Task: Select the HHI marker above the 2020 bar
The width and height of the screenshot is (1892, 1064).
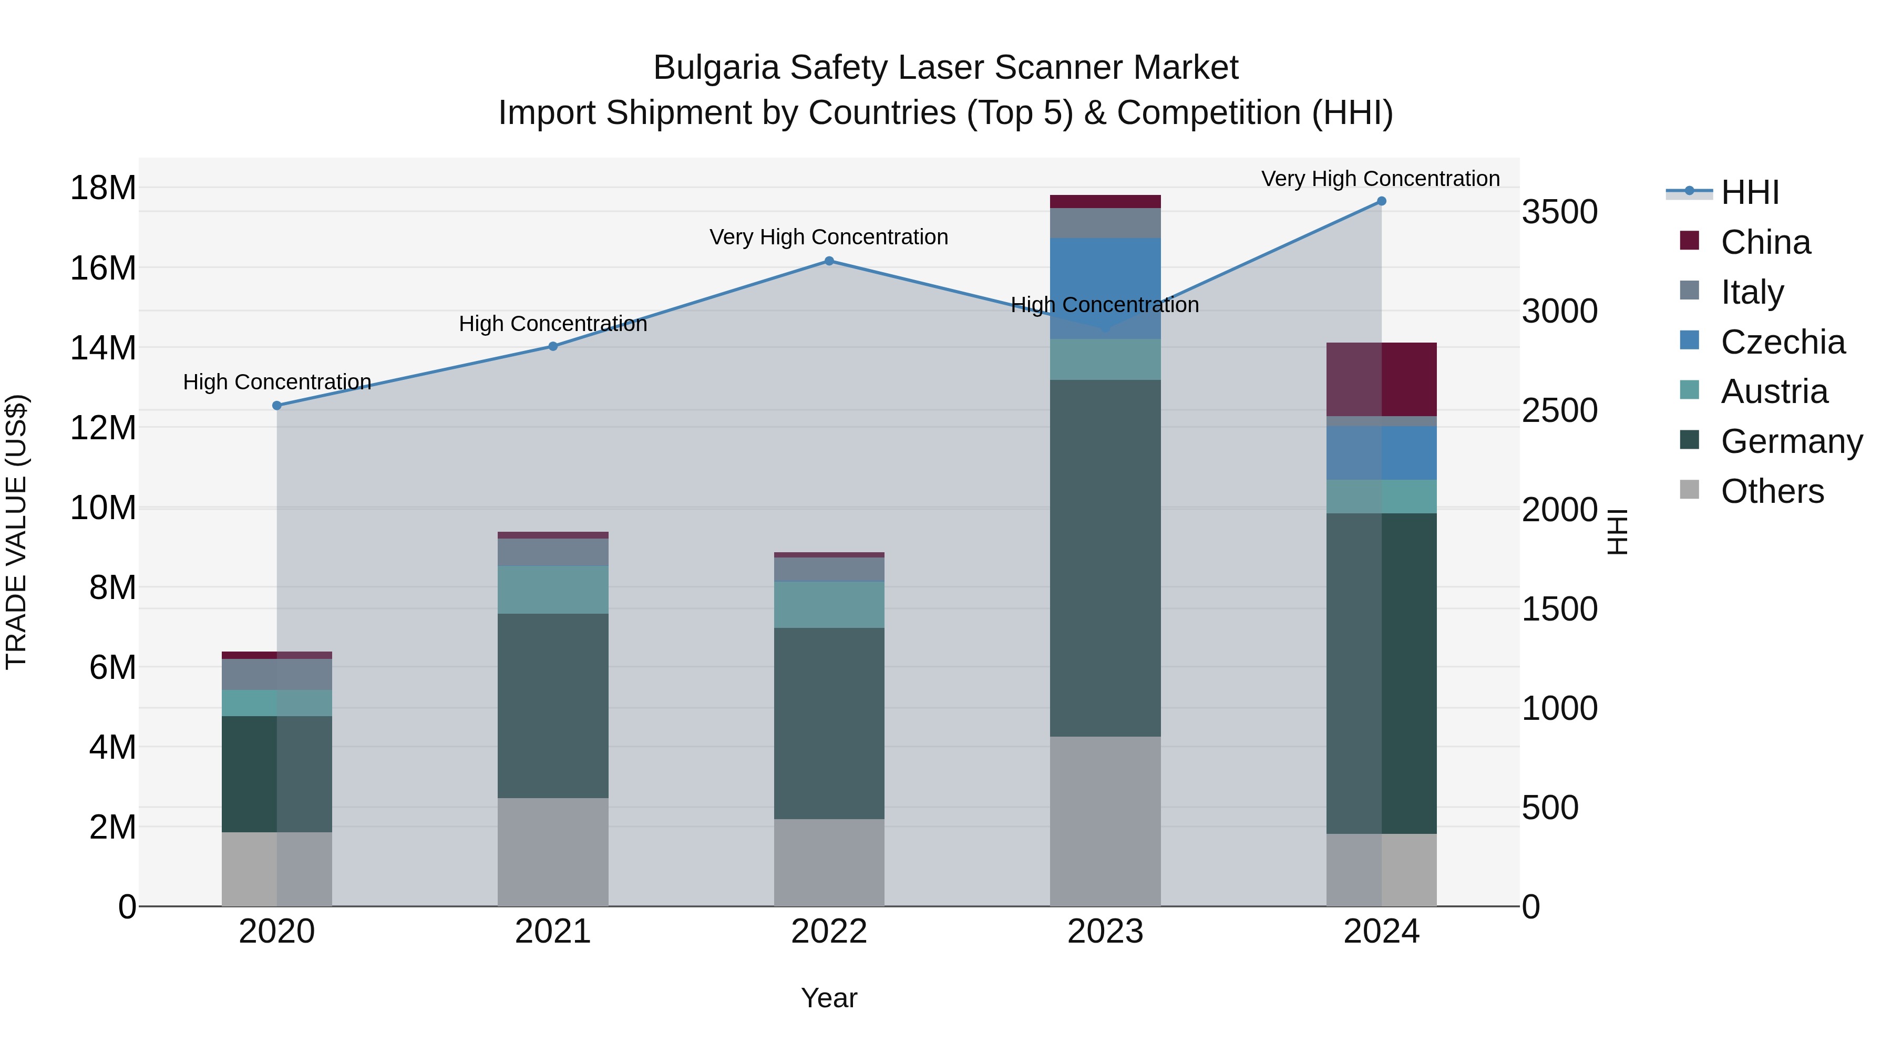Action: click(x=277, y=405)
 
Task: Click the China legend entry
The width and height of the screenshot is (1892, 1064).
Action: click(x=1765, y=242)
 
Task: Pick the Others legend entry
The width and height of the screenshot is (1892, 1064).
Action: click(x=1772, y=491)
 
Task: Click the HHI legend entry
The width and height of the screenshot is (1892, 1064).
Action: click(x=1750, y=192)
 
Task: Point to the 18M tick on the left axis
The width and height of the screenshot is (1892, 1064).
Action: click(x=103, y=188)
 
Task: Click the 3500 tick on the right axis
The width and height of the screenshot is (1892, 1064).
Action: click(x=1559, y=212)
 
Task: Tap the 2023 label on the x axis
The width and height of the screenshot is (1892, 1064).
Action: click(x=1105, y=932)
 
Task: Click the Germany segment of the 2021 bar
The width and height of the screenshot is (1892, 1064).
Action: click(x=553, y=705)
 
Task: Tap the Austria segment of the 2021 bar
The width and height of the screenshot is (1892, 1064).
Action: click(x=553, y=590)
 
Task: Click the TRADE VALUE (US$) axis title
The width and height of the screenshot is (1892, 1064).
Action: click(x=16, y=532)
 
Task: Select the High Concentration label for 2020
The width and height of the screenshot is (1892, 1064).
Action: click(x=277, y=382)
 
